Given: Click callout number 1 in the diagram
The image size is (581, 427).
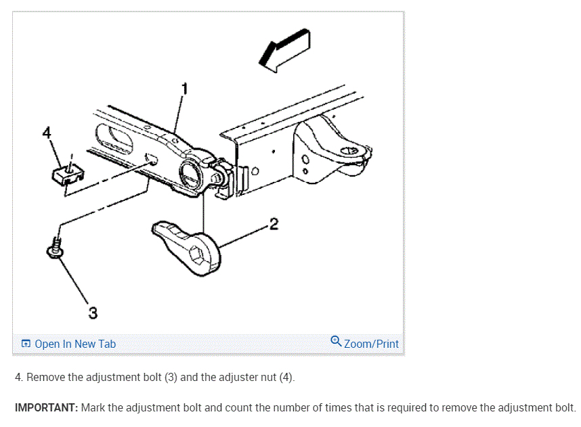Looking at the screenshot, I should pyautogui.click(x=184, y=88).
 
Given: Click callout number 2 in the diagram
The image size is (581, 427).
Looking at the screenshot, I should pyautogui.click(x=274, y=224).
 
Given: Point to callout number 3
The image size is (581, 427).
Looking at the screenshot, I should pyautogui.click(x=92, y=313).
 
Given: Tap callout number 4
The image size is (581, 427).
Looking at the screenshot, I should pyautogui.click(x=46, y=133).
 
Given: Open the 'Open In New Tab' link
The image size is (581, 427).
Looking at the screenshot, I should pyautogui.click(x=75, y=344).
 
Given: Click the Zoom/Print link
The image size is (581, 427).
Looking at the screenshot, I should pyautogui.click(x=371, y=344).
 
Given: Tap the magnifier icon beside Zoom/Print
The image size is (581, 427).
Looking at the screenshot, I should pyautogui.click(x=336, y=341).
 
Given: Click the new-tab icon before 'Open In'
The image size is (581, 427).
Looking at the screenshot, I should pyautogui.click(x=26, y=344).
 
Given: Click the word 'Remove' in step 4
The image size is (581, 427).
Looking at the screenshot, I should pyautogui.click(x=44, y=377).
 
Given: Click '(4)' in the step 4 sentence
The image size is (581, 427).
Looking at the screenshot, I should pyautogui.click(x=286, y=377).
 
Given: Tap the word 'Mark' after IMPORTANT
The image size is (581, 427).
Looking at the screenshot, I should pyautogui.click(x=93, y=408).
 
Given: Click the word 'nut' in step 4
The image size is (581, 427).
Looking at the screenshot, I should pyautogui.click(x=266, y=377).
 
